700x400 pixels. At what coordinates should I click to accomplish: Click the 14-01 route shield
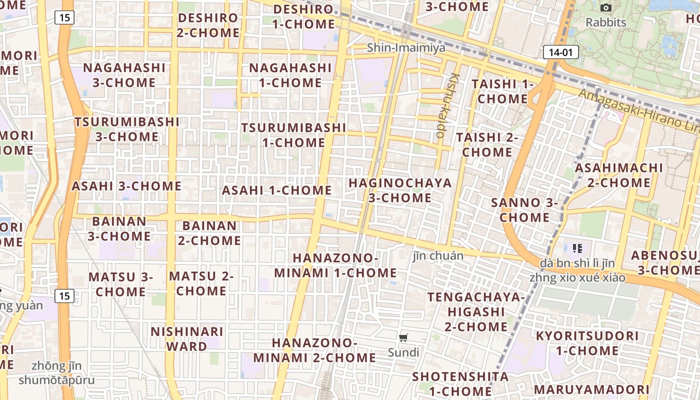click(560, 52)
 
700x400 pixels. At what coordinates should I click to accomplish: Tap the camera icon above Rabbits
click(605, 7)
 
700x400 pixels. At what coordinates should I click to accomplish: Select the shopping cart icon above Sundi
click(403, 337)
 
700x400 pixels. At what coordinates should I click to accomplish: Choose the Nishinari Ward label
click(186, 339)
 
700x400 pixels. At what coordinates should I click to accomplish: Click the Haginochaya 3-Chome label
click(400, 190)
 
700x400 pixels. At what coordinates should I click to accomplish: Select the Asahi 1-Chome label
click(276, 190)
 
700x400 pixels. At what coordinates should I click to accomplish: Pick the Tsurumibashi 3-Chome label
click(127, 129)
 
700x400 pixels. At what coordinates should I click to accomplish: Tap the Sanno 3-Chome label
click(524, 210)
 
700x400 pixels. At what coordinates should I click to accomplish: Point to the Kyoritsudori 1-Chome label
click(587, 343)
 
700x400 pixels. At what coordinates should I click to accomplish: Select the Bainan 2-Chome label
click(209, 233)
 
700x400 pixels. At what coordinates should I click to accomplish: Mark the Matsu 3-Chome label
click(120, 284)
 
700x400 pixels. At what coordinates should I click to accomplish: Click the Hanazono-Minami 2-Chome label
click(314, 350)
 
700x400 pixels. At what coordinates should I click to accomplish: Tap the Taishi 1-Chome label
click(502, 91)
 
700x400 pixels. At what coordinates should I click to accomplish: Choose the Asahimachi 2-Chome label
click(618, 175)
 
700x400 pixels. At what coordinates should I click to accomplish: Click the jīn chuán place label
click(438, 256)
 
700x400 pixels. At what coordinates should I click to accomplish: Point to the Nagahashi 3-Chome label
click(124, 75)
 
